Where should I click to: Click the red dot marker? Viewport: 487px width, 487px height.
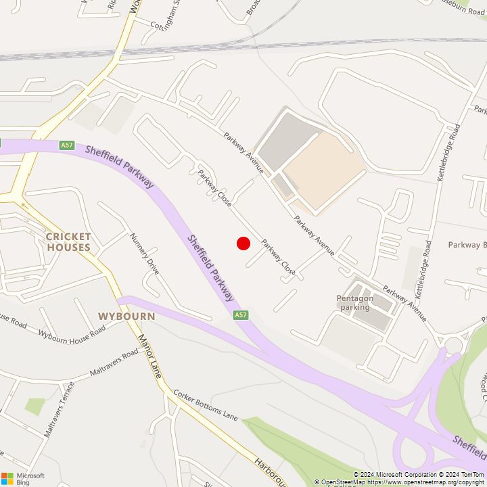pyautogui.click(x=243, y=243)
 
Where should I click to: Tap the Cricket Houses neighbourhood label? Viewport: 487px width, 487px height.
pyautogui.click(x=68, y=241)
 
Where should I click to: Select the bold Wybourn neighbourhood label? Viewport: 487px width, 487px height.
pyautogui.click(x=126, y=316)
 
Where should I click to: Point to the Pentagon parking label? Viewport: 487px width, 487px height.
pyautogui.click(x=354, y=302)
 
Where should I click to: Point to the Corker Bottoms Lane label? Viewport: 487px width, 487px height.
pyautogui.click(x=206, y=404)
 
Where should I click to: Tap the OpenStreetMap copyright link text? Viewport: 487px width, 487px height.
pyautogui.click(x=399, y=482)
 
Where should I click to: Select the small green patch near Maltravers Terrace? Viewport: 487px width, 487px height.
pyautogui.click(x=34, y=406)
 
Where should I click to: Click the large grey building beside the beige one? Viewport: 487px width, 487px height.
pyautogui.click(x=287, y=141)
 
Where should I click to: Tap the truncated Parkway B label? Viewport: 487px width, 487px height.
pyautogui.click(x=467, y=244)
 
